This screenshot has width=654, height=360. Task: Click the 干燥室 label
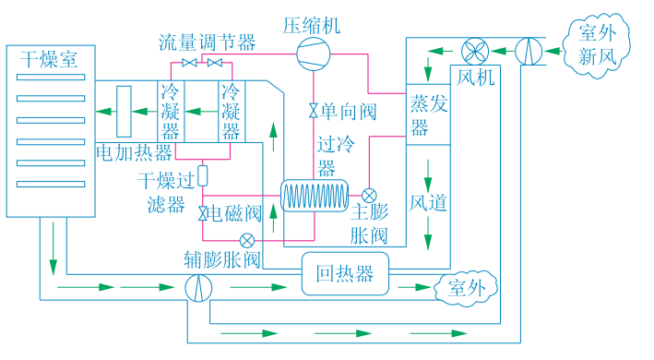tap(49, 60)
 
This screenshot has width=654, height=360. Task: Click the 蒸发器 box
tap(428, 114)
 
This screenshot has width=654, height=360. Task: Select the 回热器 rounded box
tap(345, 274)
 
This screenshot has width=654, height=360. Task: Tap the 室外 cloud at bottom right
tap(466, 286)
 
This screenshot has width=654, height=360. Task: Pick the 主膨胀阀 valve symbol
tap(369, 196)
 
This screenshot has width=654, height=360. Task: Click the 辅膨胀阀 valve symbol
tap(246, 240)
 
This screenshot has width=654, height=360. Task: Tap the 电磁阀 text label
tap(235, 214)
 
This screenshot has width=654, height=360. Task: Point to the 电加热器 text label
tap(135, 151)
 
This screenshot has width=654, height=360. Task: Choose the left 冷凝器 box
tap(171, 111)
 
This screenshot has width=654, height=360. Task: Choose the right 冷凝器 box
tap(231, 111)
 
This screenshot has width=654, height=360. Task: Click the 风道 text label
tap(428, 201)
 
